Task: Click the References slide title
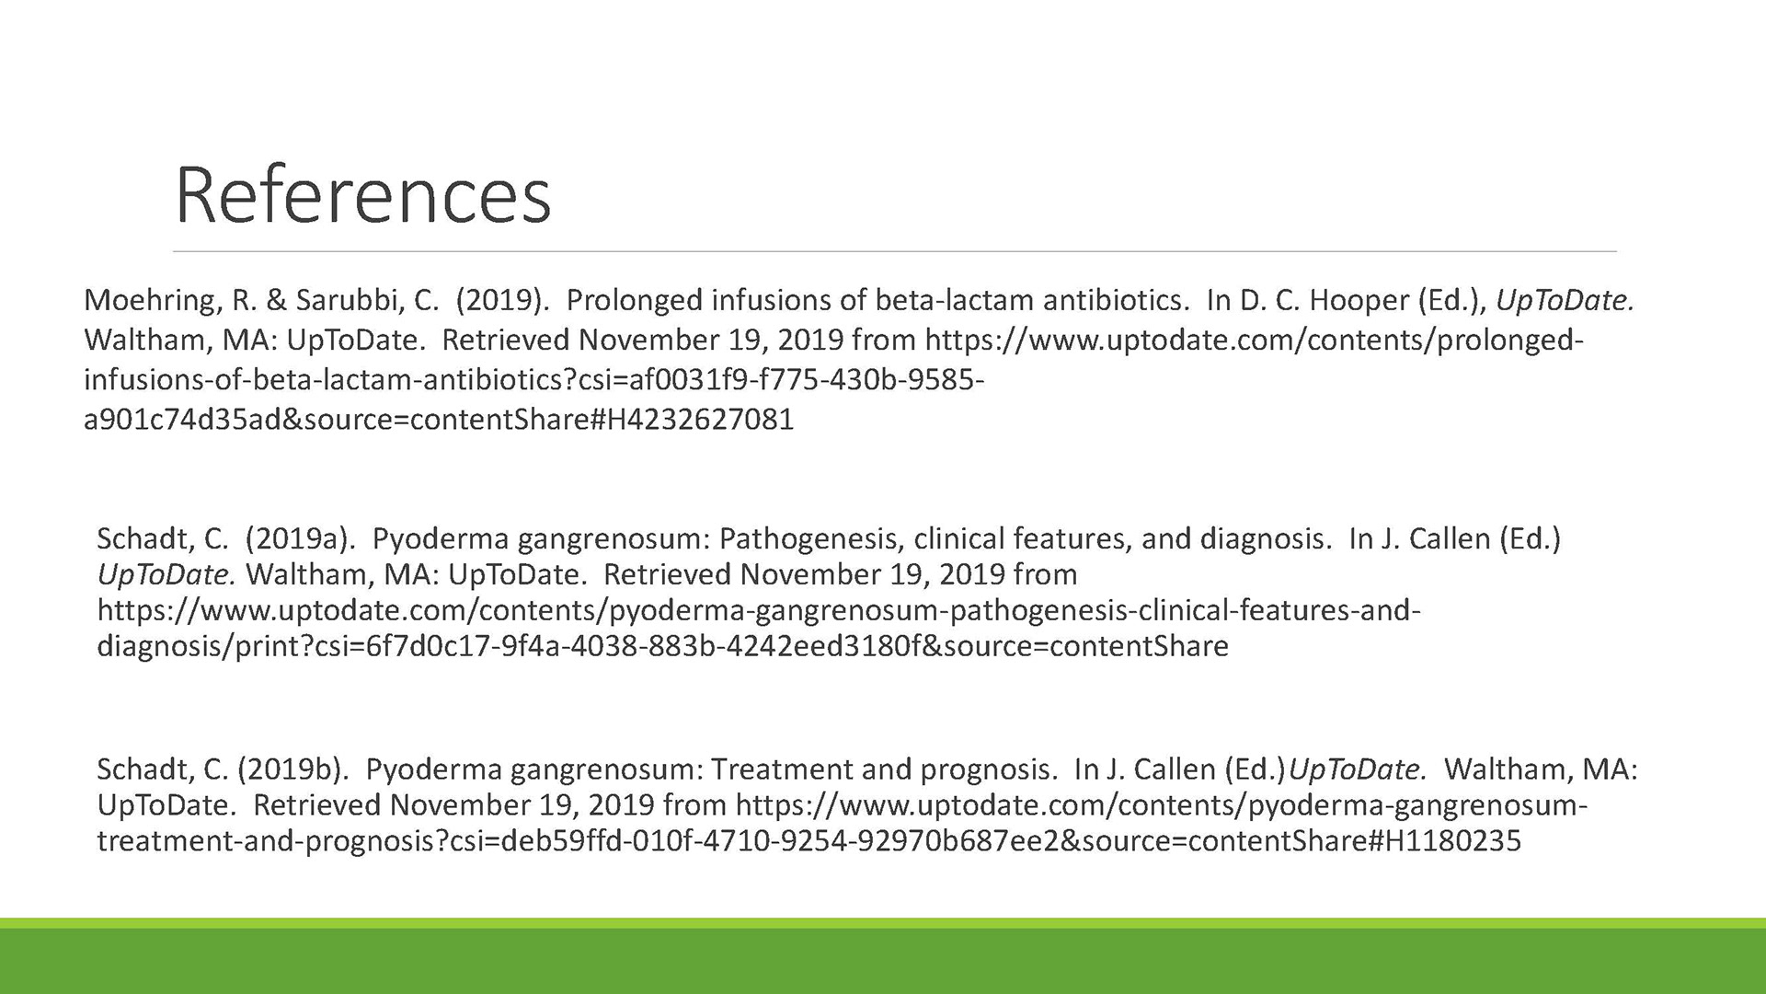[x=362, y=195]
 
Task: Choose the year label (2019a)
[x=300, y=539]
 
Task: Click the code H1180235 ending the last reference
[x=1446, y=840]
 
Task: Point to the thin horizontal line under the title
[x=895, y=251]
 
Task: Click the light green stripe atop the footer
[x=883, y=922]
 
